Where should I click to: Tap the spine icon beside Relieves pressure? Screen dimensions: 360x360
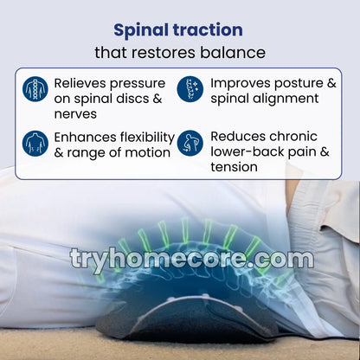pos(35,89)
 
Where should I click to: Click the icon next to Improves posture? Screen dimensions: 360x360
pos(190,89)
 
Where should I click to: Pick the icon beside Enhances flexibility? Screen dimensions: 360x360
pos(35,144)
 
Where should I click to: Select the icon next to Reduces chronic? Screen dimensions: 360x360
pos(190,144)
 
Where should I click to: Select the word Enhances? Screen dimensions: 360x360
pos(89,138)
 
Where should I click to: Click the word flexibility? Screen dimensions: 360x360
pos(151,138)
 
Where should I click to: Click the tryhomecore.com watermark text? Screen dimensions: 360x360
pos(191,259)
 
